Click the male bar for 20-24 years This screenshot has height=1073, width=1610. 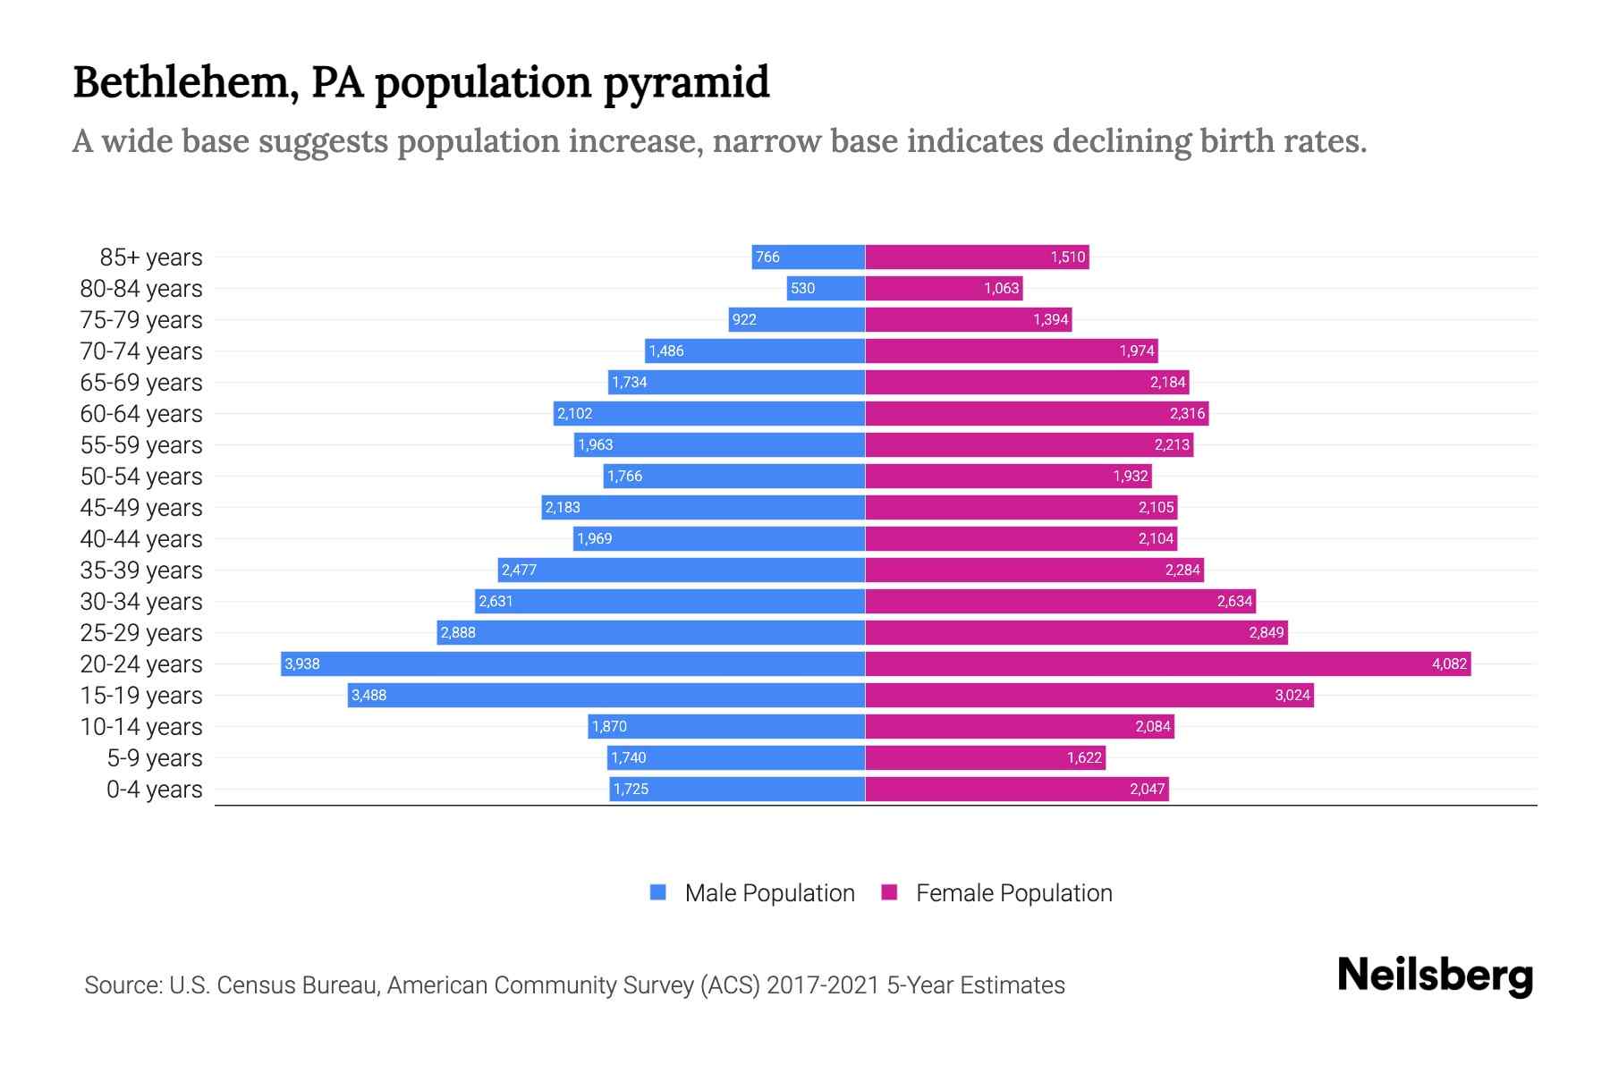click(x=572, y=663)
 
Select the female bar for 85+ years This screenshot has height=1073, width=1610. click(x=977, y=258)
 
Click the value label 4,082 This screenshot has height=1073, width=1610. click(x=1449, y=663)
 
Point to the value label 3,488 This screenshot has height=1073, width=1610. click(x=369, y=695)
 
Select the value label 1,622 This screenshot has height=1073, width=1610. click(x=1084, y=757)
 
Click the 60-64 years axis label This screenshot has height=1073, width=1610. click(x=141, y=414)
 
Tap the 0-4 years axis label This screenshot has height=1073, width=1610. click(x=154, y=790)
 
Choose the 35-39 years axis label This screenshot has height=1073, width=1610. click(x=141, y=570)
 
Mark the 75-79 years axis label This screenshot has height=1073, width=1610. click(x=141, y=320)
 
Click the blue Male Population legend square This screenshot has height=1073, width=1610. click(x=658, y=892)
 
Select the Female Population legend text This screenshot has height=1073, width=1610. click(x=1013, y=892)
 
